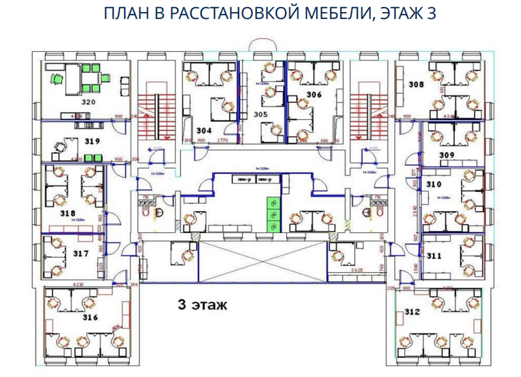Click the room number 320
click(x=89, y=102)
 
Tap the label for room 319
click(x=92, y=141)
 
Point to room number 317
click(x=80, y=254)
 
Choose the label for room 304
click(x=204, y=131)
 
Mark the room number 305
click(x=260, y=114)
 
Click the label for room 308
click(x=416, y=85)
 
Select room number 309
click(x=447, y=155)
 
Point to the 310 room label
click(x=434, y=184)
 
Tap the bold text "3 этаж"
click(x=202, y=305)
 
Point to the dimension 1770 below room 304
click(x=222, y=140)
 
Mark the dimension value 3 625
click(x=356, y=270)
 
